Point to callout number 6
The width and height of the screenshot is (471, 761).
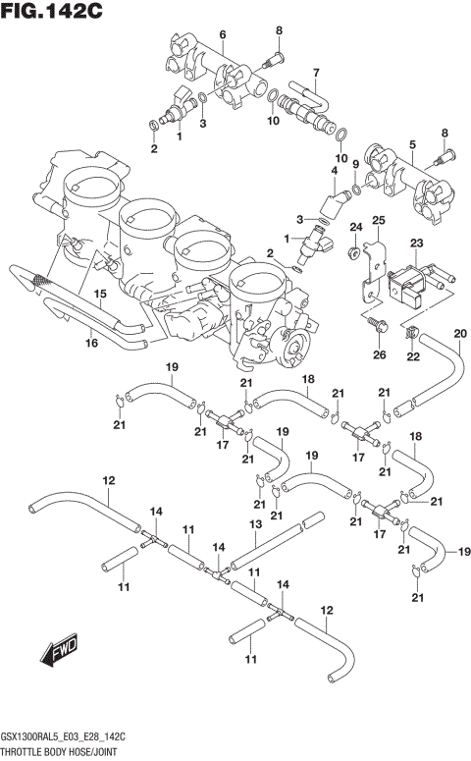pyautogui.click(x=222, y=35)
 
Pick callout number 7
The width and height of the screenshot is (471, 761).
pyautogui.click(x=316, y=73)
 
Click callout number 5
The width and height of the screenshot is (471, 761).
pyautogui.click(x=413, y=144)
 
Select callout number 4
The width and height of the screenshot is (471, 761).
pyautogui.click(x=334, y=171)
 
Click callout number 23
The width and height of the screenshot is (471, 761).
pyautogui.click(x=416, y=243)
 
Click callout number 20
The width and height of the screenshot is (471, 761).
pyautogui.click(x=459, y=335)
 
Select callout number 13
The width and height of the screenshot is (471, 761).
pyautogui.click(x=254, y=525)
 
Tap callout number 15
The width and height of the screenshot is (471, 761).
pyautogui.click(x=99, y=294)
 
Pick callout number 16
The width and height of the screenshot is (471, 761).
pyautogui.click(x=90, y=343)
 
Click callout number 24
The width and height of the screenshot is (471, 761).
pyautogui.click(x=356, y=228)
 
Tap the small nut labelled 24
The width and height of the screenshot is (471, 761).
pyautogui.click(x=352, y=254)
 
